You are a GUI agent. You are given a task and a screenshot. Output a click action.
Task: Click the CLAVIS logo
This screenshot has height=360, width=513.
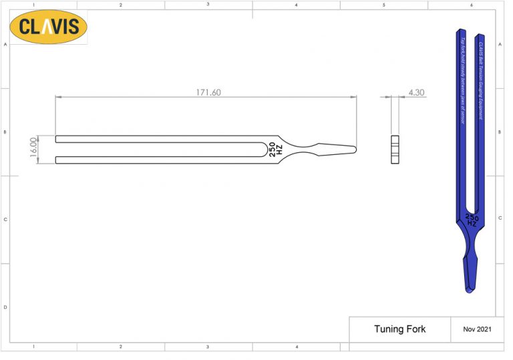coord(49,27)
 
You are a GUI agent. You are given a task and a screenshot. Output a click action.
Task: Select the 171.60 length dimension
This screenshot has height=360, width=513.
coord(208,92)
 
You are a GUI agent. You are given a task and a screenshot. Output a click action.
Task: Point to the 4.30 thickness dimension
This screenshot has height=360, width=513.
coord(415,92)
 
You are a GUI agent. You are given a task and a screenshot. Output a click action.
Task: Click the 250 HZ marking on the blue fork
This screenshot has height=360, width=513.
coord(472,220)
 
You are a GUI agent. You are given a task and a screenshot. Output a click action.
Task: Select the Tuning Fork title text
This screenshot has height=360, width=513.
coord(399,329)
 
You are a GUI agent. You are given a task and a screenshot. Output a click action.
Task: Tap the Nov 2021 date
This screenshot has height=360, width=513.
coord(478,329)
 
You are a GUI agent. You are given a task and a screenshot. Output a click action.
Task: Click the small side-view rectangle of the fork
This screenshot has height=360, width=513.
coord(395,150)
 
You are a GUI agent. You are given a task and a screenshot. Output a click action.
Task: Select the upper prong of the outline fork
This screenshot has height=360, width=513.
coord(160,139)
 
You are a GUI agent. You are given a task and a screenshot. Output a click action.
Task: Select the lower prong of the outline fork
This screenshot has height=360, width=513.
coord(160,159)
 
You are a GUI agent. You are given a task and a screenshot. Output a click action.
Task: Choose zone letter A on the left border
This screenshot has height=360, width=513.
coord(5,44)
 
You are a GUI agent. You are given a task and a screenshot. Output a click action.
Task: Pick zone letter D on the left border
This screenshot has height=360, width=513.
coord(5,307)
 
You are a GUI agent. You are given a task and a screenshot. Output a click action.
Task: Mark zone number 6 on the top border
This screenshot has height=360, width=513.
coord(472,5)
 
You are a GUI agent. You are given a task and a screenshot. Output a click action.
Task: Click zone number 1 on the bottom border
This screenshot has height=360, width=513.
coord(33,347)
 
